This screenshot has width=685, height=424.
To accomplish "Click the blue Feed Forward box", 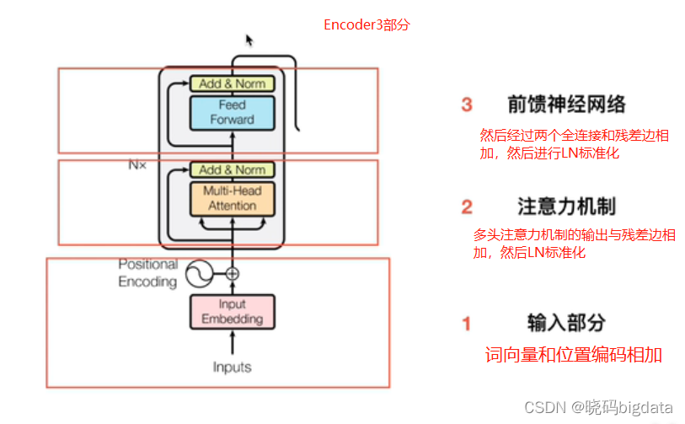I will (232, 112).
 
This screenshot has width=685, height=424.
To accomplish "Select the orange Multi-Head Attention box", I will (232, 198).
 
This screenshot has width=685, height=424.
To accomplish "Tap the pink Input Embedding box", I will (232, 312).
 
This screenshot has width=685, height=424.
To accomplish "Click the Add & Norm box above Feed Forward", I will (232, 83).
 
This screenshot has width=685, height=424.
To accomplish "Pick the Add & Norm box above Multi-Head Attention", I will (232, 170).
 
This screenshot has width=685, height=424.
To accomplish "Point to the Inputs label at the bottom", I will (232, 368).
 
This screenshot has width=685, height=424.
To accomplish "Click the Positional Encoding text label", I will (147, 273).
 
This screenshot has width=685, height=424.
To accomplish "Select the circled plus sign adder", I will (233, 273).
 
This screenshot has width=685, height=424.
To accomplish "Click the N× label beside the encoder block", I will (137, 165).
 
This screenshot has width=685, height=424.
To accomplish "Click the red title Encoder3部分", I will (367, 24).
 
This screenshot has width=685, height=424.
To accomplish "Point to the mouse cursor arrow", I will (249, 40).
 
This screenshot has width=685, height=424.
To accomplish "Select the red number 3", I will (467, 105).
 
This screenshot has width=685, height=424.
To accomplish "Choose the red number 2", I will (467, 207).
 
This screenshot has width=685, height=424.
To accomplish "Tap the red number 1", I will (467, 323).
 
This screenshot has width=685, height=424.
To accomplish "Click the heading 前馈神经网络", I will (566, 105).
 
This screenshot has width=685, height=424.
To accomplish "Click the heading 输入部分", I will (566, 323).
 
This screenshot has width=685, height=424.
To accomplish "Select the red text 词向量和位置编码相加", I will (573, 355).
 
